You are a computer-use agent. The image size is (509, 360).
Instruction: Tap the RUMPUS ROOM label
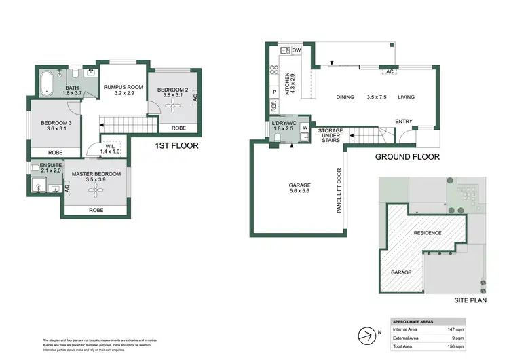tap(124, 87)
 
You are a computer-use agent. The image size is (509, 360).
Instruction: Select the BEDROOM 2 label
tap(174, 90)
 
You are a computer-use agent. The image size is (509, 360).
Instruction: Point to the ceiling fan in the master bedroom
tap(94, 189)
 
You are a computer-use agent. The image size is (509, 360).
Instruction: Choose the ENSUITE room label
tap(50, 166)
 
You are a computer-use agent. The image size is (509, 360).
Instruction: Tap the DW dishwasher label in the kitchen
tap(297, 50)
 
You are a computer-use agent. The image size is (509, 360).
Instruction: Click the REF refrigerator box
tap(274, 107)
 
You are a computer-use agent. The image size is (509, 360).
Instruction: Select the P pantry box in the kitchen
tap(274, 92)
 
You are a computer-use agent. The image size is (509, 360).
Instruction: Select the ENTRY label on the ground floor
tap(404, 122)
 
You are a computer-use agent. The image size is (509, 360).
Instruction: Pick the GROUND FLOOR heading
tap(407, 157)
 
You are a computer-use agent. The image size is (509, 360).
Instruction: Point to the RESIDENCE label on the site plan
tap(428, 233)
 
